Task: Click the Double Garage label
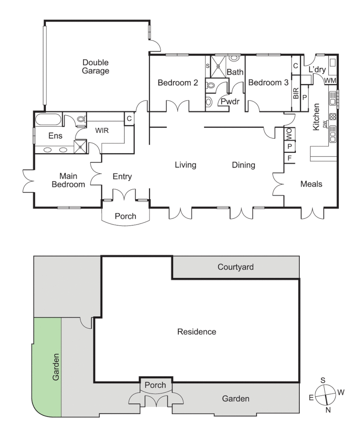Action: [96, 67]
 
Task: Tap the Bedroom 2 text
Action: [178, 83]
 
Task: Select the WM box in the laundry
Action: [330, 80]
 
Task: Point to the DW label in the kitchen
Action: [325, 124]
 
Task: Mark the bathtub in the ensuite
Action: [48, 120]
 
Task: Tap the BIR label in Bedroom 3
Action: [296, 93]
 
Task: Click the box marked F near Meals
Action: [289, 158]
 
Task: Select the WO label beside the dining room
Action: [289, 133]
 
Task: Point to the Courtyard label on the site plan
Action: [236, 267]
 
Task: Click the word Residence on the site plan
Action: [197, 332]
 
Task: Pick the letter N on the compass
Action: [328, 410]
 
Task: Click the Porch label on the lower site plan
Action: [156, 385]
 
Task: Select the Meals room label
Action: [311, 184]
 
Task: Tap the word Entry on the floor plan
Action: [122, 176]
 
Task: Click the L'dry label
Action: [317, 70]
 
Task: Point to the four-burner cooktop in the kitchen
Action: [332, 116]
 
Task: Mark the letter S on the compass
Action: [323, 380]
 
